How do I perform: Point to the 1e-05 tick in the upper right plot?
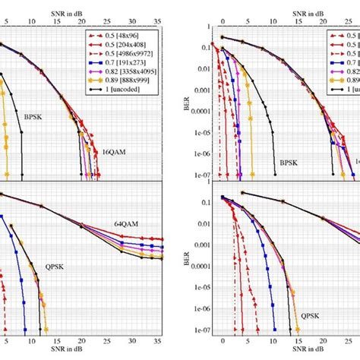click(x=197, y=141)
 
